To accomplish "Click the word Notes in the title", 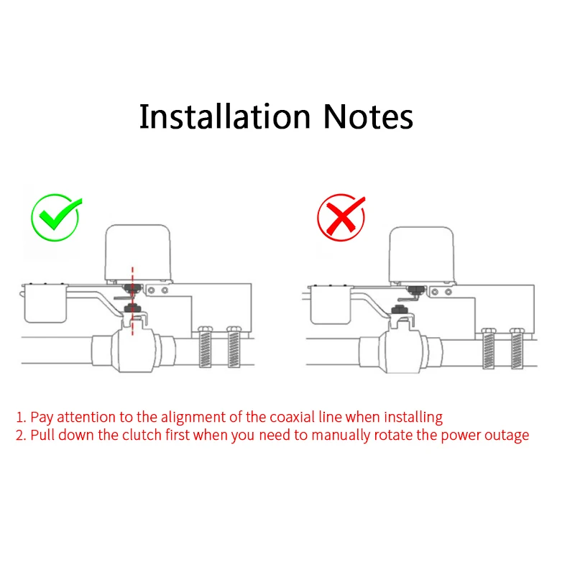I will click(x=367, y=116).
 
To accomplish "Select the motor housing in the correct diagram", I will click(x=137, y=252).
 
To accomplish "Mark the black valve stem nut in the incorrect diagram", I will click(x=399, y=311).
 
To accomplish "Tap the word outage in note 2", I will click(x=507, y=436).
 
